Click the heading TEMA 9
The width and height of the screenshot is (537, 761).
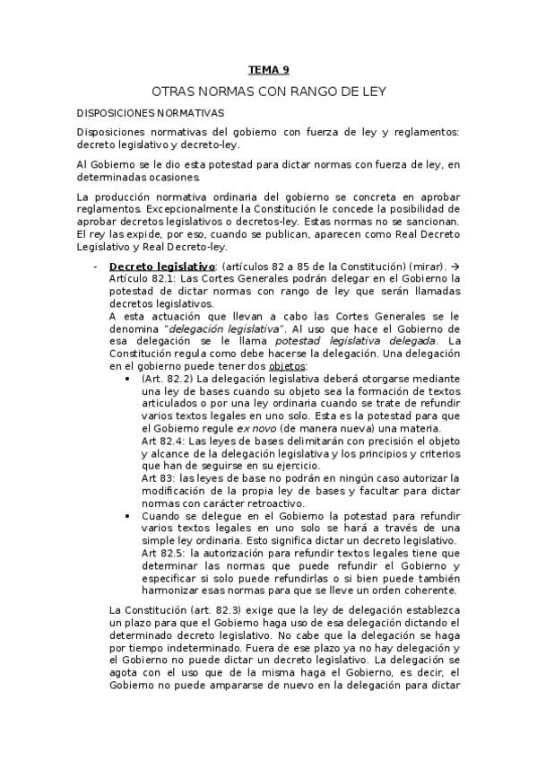268,70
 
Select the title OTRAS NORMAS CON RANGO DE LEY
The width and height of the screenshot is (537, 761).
268,92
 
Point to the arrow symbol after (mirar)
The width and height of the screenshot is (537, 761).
455,267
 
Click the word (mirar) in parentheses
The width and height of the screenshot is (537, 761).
429,267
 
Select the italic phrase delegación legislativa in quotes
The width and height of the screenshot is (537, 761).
226,328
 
